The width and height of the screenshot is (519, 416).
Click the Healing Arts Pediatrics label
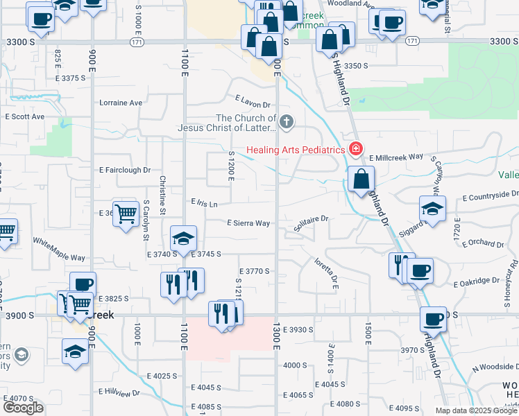pyautogui.click(x=297, y=150)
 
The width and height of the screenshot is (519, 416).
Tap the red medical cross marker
pyautogui.click(x=356, y=149)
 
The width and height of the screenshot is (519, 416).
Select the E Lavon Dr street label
pyautogui.click(x=252, y=102)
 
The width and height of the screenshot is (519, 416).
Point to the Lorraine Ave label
pyautogui.click(x=121, y=103)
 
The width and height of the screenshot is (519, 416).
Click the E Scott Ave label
pyautogui.click(x=25, y=116)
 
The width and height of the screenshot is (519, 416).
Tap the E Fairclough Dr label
pyautogui.click(x=125, y=170)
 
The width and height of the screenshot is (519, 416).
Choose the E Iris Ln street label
pyautogui.click(x=205, y=203)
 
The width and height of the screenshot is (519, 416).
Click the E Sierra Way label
pyautogui.click(x=248, y=223)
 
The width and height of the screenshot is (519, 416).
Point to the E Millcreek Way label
pyautogui.click(x=396, y=157)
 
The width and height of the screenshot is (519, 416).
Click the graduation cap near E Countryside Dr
pyautogui.click(x=432, y=209)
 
